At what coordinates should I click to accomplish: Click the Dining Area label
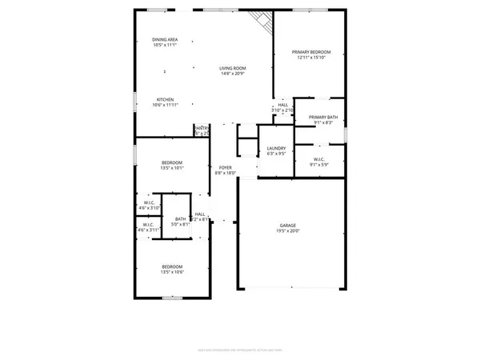166,39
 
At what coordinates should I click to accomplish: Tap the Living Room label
232,68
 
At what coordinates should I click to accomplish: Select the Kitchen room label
166,100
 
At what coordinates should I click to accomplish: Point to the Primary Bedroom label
310,51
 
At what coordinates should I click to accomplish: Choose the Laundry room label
276,148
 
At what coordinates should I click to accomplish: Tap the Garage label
293,226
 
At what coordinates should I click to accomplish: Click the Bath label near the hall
181,219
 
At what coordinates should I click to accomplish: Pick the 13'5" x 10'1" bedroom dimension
173,168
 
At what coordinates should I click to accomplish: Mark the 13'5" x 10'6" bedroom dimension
173,272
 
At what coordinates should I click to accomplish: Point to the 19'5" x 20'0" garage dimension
293,232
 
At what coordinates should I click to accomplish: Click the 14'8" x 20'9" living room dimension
232,74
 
